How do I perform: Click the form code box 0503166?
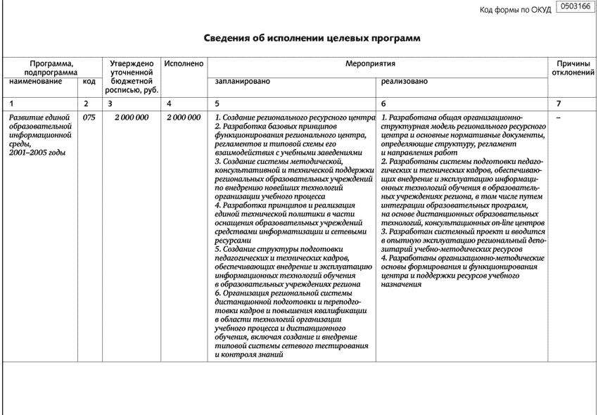[574, 7]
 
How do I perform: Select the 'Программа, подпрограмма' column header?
[49, 68]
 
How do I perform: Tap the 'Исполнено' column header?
[184, 64]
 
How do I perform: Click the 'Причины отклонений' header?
[573, 68]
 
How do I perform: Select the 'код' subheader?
[89, 82]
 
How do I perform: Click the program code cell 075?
[89, 117]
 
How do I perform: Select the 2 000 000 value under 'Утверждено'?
[132, 117]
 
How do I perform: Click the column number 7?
[559, 103]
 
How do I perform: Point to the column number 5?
[217, 103]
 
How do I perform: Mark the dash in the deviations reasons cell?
[559, 117]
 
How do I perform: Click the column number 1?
[11, 103]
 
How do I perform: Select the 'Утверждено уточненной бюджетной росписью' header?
[132, 77]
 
